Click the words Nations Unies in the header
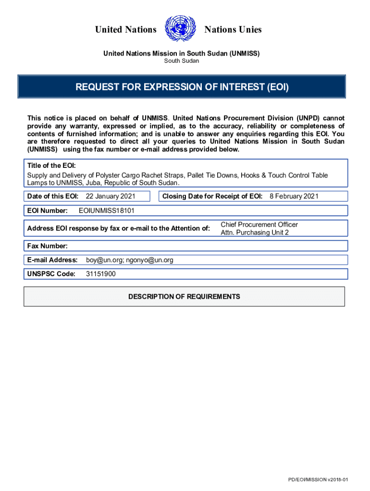point(233,30)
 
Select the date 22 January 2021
point(111,196)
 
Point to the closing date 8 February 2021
point(294,196)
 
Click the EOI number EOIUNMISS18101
point(103,210)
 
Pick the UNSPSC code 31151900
point(100,274)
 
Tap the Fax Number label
point(47,246)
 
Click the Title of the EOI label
point(51,165)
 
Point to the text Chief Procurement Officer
point(259,224)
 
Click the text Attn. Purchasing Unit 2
point(255,233)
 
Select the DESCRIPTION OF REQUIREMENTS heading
point(184,296)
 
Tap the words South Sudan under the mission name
point(182,61)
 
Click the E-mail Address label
point(52,260)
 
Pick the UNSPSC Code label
point(51,274)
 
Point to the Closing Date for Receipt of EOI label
point(212,196)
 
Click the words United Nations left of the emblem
point(126,30)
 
